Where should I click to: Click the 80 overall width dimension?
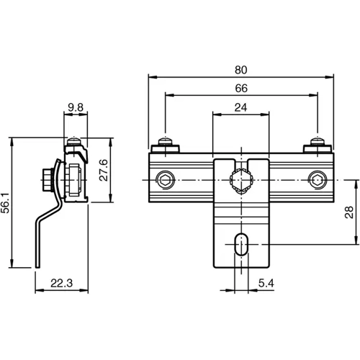[240, 70]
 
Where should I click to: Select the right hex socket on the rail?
[317, 179]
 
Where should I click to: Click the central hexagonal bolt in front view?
[240, 179]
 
